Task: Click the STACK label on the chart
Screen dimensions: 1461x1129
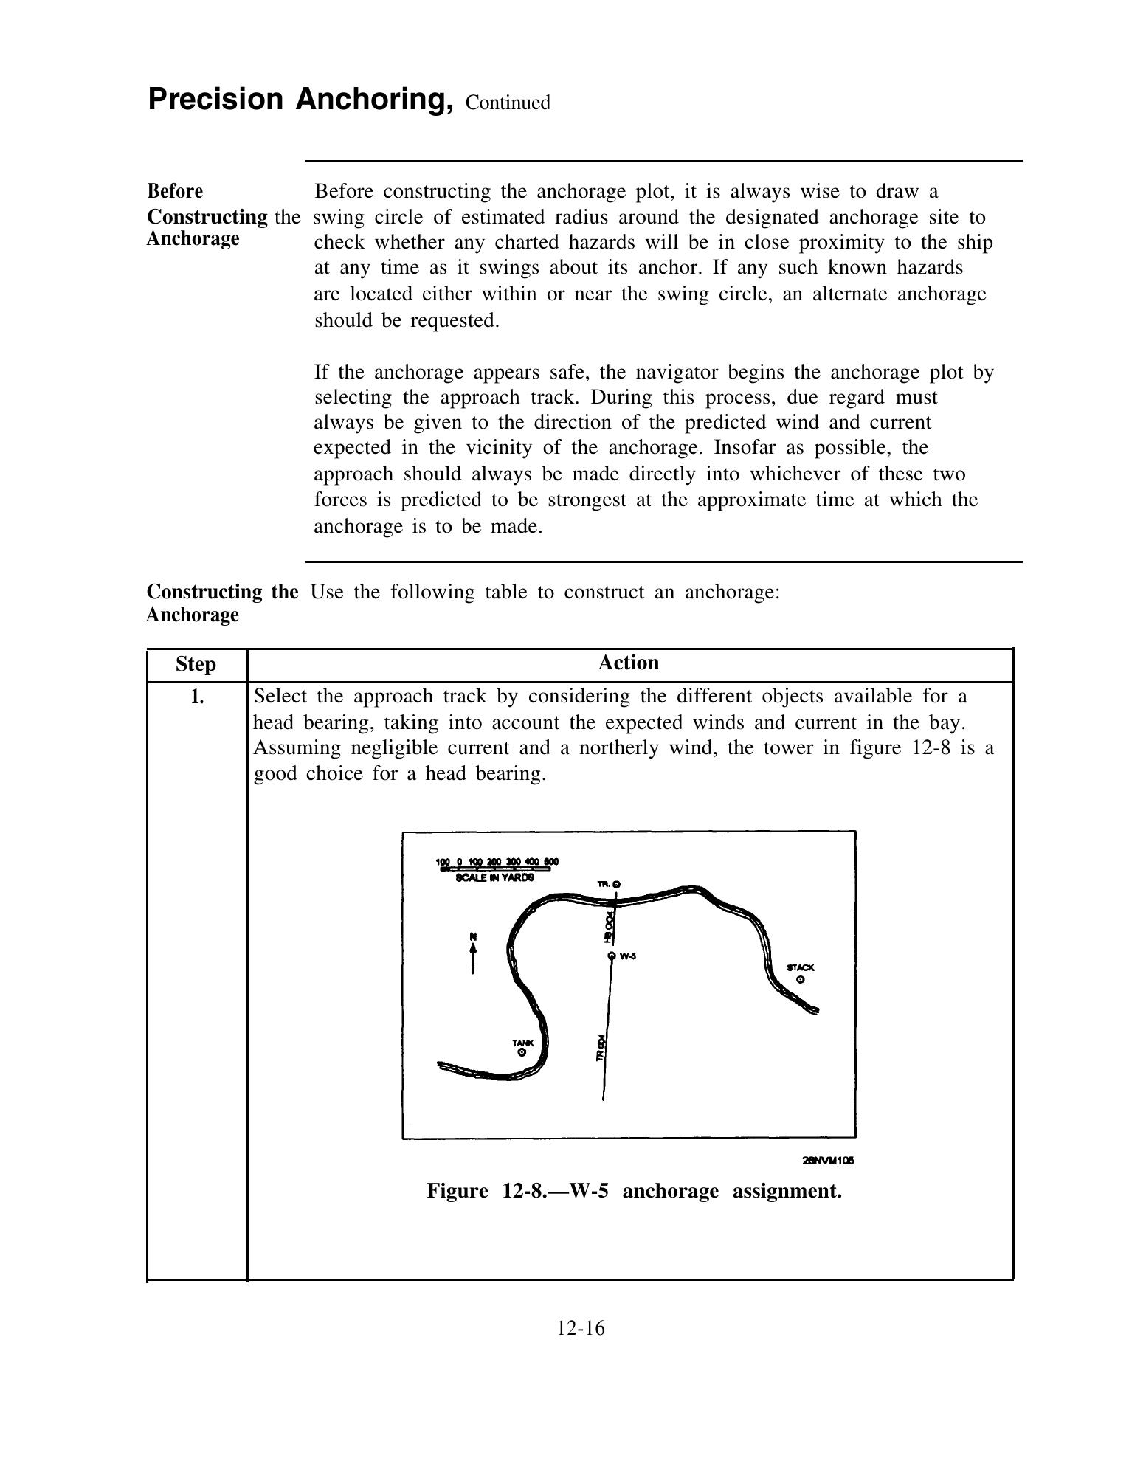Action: pos(801,967)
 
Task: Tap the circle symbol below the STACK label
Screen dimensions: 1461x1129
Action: pos(801,980)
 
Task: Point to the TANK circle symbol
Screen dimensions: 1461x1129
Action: pos(522,1053)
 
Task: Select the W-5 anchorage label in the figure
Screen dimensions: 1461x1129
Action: pos(628,956)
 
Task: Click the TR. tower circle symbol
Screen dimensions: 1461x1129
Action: pos(618,884)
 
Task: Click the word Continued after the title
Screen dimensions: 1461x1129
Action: pos(508,103)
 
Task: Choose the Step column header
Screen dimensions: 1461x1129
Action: pos(196,664)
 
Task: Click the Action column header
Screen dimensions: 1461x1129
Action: pos(628,663)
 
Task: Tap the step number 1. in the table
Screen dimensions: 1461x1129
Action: pos(196,696)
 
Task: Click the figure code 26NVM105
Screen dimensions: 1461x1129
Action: pos(828,1160)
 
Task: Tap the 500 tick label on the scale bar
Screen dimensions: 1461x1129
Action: pos(551,861)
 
